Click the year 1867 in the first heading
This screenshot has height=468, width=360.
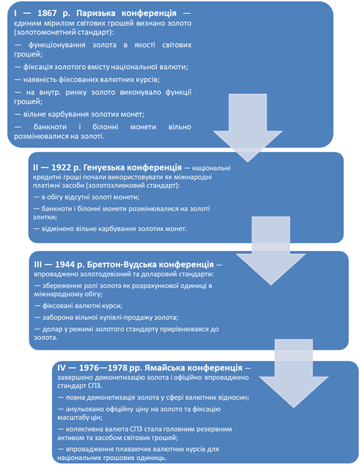[47, 13]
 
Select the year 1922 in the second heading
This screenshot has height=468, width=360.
[61, 167]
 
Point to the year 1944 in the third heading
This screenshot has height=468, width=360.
[65, 265]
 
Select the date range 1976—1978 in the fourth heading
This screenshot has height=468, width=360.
[104, 368]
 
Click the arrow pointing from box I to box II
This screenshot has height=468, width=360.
[248, 128]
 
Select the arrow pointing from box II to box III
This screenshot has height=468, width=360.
[271, 251]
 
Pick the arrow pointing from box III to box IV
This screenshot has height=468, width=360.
[294, 373]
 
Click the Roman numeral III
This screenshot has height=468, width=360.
[38, 265]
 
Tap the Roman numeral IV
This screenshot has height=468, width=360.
[62, 368]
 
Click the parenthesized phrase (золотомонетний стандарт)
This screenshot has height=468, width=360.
[64, 32]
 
